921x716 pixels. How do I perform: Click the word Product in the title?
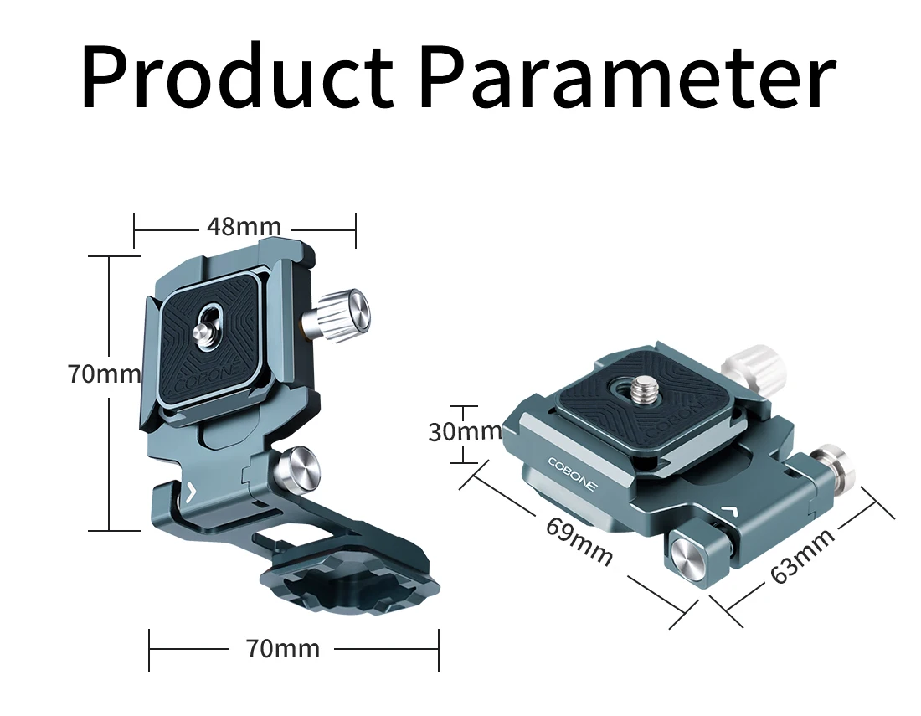click(x=237, y=76)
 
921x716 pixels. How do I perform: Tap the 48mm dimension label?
click(x=244, y=226)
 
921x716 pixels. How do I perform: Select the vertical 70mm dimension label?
click(x=105, y=374)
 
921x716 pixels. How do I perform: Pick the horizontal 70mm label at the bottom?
click(x=283, y=649)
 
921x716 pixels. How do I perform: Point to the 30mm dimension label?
click(x=465, y=432)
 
